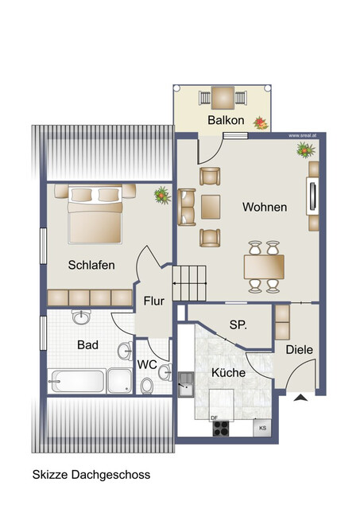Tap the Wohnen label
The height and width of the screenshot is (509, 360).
[x=265, y=208]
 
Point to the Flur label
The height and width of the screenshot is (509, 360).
[x=154, y=302]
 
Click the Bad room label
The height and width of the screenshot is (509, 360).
[x=87, y=346]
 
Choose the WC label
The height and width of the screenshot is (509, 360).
[x=147, y=364]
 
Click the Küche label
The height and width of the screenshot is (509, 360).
[x=228, y=372]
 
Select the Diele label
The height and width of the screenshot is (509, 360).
[x=300, y=349]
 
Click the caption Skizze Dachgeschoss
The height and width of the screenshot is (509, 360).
[x=91, y=475]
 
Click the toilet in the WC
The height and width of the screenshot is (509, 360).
[x=146, y=387]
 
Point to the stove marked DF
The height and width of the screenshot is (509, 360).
[x=221, y=428]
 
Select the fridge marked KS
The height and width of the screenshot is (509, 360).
[x=261, y=428]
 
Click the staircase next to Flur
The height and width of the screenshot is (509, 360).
[x=189, y=282]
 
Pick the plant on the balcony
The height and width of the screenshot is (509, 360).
[x=260, y=122]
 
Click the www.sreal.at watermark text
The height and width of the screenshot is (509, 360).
[x=303, y=136]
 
